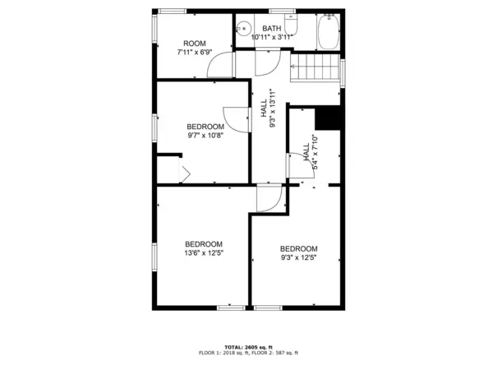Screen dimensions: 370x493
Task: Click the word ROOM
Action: [x=195, y=44]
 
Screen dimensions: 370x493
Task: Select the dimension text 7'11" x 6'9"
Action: [x=195, y=53]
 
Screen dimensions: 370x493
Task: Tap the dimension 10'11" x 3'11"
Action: [x=272, y=37]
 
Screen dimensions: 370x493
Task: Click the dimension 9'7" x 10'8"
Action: [x=205, y=136]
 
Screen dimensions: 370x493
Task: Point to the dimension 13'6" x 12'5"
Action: [x=204, y=253]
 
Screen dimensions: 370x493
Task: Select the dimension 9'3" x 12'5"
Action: [x=298, y=258]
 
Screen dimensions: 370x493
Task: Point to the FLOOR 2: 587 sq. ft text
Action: [x=275, y=353]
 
